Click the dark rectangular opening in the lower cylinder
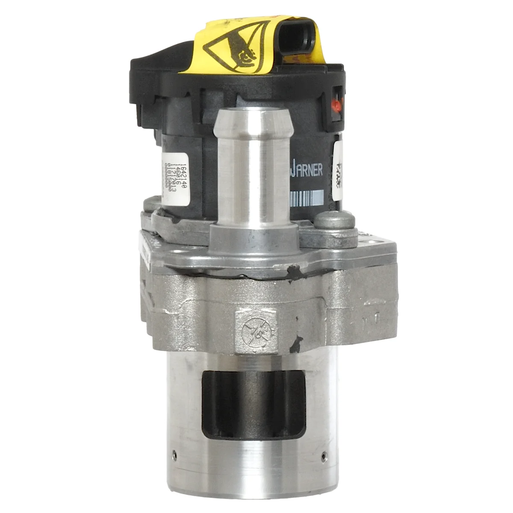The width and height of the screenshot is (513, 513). (x=254, y=404)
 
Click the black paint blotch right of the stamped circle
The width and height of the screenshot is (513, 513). (x=295, y=342)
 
